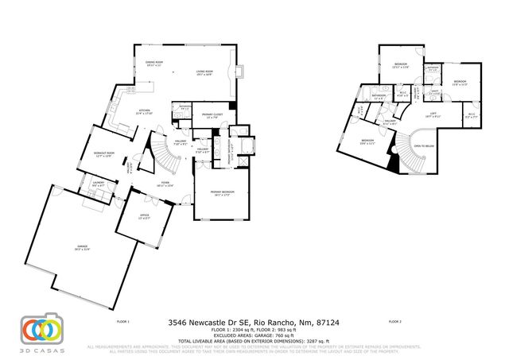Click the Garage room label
(82, 247)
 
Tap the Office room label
(143, 216)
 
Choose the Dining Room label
(153, 64)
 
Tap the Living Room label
(205, 73)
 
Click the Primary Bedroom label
(222, 193)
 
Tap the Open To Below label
(423, 146)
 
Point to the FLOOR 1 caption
(122, 322)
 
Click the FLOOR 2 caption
(394, 322)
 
